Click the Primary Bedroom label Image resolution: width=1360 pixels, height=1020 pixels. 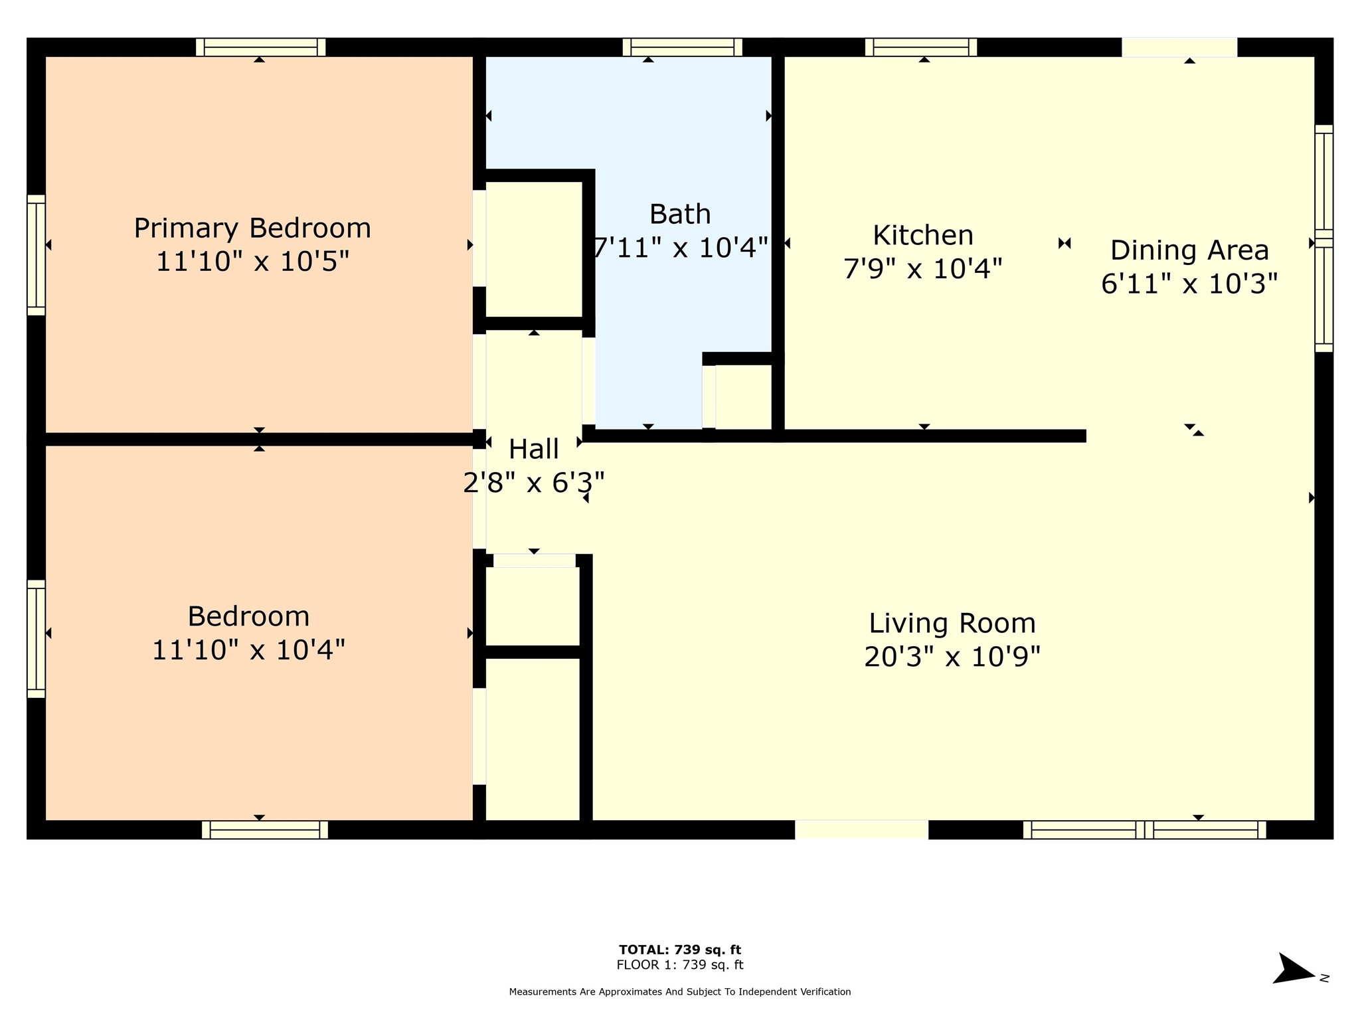252,229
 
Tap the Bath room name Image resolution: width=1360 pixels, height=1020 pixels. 680,214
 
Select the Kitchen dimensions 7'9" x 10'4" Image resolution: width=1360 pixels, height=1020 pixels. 923,269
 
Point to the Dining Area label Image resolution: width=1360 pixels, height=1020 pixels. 1189,250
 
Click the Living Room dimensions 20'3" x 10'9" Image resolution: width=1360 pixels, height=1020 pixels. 952,657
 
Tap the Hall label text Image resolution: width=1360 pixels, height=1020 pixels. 534,450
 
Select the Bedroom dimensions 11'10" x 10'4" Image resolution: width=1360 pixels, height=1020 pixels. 249,649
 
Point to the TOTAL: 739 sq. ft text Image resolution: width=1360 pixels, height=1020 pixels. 680,950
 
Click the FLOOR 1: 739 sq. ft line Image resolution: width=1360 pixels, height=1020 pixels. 680,965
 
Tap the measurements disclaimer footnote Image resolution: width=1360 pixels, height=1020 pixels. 680,991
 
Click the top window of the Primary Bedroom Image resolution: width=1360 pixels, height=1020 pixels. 261,47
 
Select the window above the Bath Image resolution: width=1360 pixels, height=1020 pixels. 683,47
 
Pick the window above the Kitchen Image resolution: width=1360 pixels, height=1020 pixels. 921,47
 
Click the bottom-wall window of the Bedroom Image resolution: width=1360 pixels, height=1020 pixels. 265,830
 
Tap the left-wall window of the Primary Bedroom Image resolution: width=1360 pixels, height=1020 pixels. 36,255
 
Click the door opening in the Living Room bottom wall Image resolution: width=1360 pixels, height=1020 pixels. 861,830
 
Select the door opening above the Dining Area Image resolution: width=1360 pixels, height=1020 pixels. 1179,47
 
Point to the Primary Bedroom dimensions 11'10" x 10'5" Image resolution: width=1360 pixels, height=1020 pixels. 252,262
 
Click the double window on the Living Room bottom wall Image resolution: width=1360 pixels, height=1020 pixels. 1145,830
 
